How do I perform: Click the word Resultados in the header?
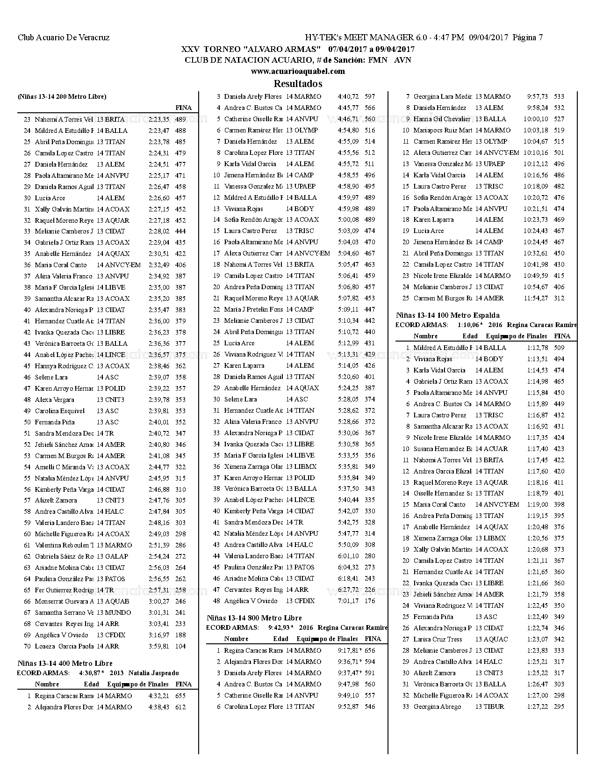298,84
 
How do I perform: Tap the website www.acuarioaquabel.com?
298,72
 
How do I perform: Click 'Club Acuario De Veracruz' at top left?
64,37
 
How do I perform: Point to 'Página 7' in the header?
528,37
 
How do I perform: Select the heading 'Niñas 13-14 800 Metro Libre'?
254,618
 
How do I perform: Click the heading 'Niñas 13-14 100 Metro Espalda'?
448,315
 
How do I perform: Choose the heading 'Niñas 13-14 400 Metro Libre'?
65,663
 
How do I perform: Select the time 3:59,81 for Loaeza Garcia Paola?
159,646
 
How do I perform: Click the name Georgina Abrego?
437,706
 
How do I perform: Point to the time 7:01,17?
348,601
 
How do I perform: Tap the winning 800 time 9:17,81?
348,650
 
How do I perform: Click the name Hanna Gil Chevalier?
442,119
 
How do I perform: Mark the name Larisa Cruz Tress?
438,639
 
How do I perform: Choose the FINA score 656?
370,650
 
